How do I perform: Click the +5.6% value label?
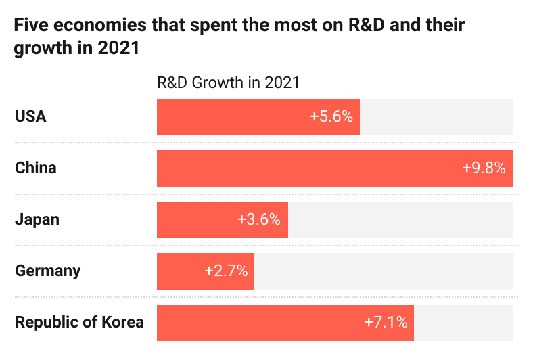point(331,116)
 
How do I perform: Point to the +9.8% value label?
point(484,168)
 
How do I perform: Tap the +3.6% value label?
point(259,219)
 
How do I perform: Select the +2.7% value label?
point(226,271)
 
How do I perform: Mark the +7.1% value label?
point(386,322)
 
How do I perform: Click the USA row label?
point(30,116)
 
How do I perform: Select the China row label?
point(36,168)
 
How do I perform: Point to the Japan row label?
point(37,219)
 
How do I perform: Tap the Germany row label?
point(47,271)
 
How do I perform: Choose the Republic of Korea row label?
point(79,322)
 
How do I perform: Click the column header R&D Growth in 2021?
point(228,83)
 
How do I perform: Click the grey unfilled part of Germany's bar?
point(383,271)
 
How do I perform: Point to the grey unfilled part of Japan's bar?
point(400,219)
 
